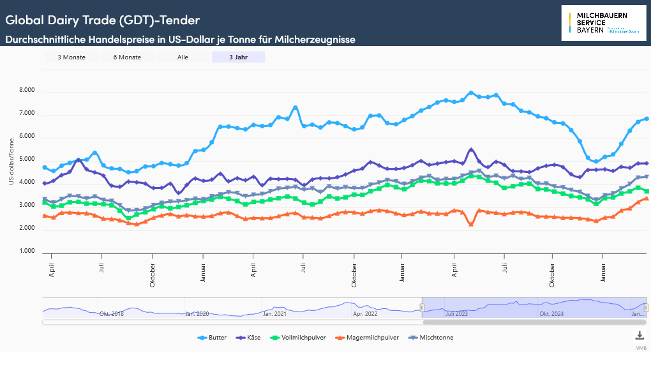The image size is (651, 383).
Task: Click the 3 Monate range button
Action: coord(71,57)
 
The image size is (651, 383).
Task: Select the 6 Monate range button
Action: coord(127,57)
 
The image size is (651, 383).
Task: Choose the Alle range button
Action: coord(183,57)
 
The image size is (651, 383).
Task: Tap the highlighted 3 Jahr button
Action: coord(239,57)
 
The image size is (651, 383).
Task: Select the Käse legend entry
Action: coord(250,338)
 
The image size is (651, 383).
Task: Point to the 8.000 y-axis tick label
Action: coord(26,91)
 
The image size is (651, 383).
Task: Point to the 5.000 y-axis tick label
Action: coord(26,160)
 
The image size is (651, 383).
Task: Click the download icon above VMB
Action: coord(640,336)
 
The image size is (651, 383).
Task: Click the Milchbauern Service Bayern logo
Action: coord(604,23)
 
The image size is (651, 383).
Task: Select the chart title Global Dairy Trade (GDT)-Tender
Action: coord(102,20)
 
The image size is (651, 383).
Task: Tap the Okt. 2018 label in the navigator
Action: coord(111,314)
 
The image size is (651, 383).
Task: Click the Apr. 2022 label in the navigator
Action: coord(366,314)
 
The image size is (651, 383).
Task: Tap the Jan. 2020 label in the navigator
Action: coord(197,314)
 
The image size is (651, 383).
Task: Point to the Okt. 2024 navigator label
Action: coord(551,314)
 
